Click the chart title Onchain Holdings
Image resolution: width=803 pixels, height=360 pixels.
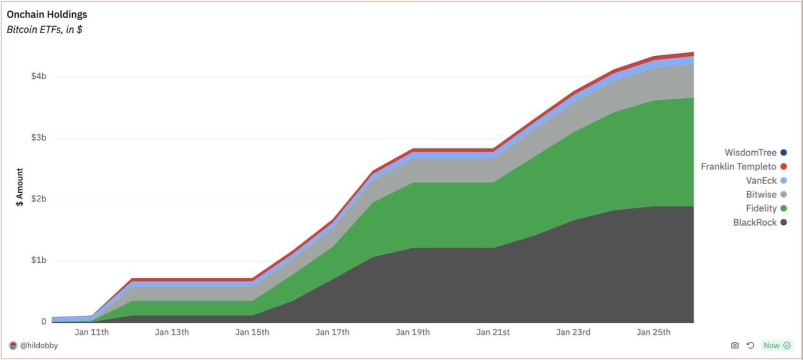click(x=47, y=15)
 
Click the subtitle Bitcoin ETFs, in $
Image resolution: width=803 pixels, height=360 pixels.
click(x=44, y=30)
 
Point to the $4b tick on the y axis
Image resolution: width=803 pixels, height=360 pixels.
click(x=39, y=76)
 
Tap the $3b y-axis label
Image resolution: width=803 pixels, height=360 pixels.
click(x=39, y=137)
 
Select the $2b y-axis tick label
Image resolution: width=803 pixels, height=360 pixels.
click(x=39, y=199)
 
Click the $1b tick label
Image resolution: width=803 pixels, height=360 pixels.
click(x=39, y=260)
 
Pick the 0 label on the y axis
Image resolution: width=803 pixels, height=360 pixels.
click(x=44, y=321)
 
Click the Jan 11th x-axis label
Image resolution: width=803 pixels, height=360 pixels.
click(x=91, y=332)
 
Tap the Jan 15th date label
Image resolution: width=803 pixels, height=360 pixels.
click(x=252, y=332)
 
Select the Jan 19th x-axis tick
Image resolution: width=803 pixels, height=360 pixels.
click(x=413, y=332)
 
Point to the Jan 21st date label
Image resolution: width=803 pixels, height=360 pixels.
click(x=493, y=332)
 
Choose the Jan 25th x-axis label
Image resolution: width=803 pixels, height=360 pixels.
click(x=654, y=332)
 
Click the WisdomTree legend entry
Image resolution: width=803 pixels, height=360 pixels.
click(x=750, y=153)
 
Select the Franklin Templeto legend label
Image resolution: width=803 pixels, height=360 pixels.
click(x=738, y=166)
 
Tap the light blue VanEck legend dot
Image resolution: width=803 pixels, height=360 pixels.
click(x=784, y=181)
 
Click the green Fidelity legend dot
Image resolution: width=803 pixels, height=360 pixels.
click(x=784, y=208)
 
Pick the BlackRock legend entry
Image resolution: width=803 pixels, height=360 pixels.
click(x=755, y=222)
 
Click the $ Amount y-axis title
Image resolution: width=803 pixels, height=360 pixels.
click(x=20, y=187)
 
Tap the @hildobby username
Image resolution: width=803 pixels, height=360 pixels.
click(x=39, y=346)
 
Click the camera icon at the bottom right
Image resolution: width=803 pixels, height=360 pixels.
click(x=735, y=345)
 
